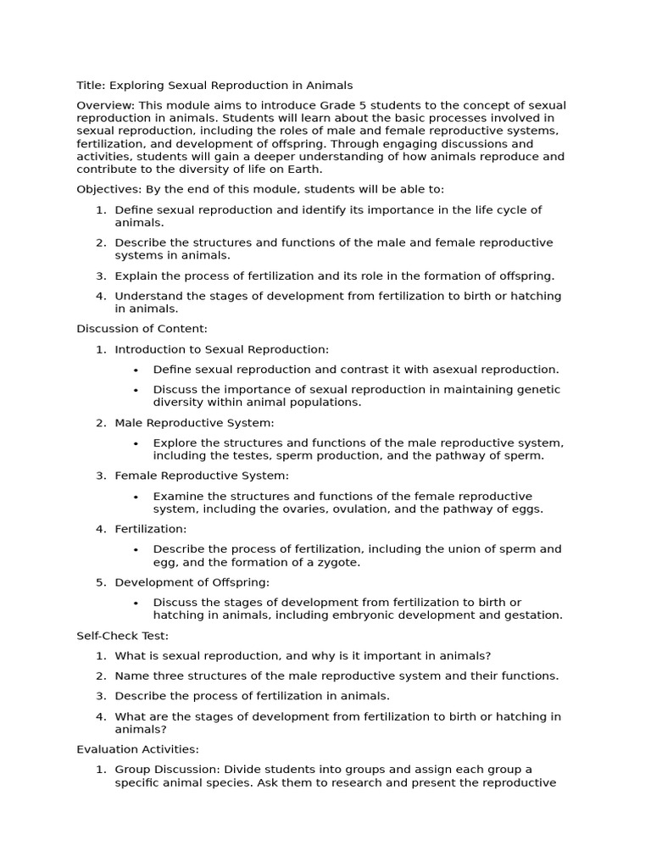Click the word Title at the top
[90, 86]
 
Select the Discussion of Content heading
[142, 329]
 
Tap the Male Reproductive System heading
[194, 423]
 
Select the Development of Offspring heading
[192, 582]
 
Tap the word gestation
[532, 615]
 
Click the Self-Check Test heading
[122, 636]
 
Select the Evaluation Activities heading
[137, 749]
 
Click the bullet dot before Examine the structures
[136, 498]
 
